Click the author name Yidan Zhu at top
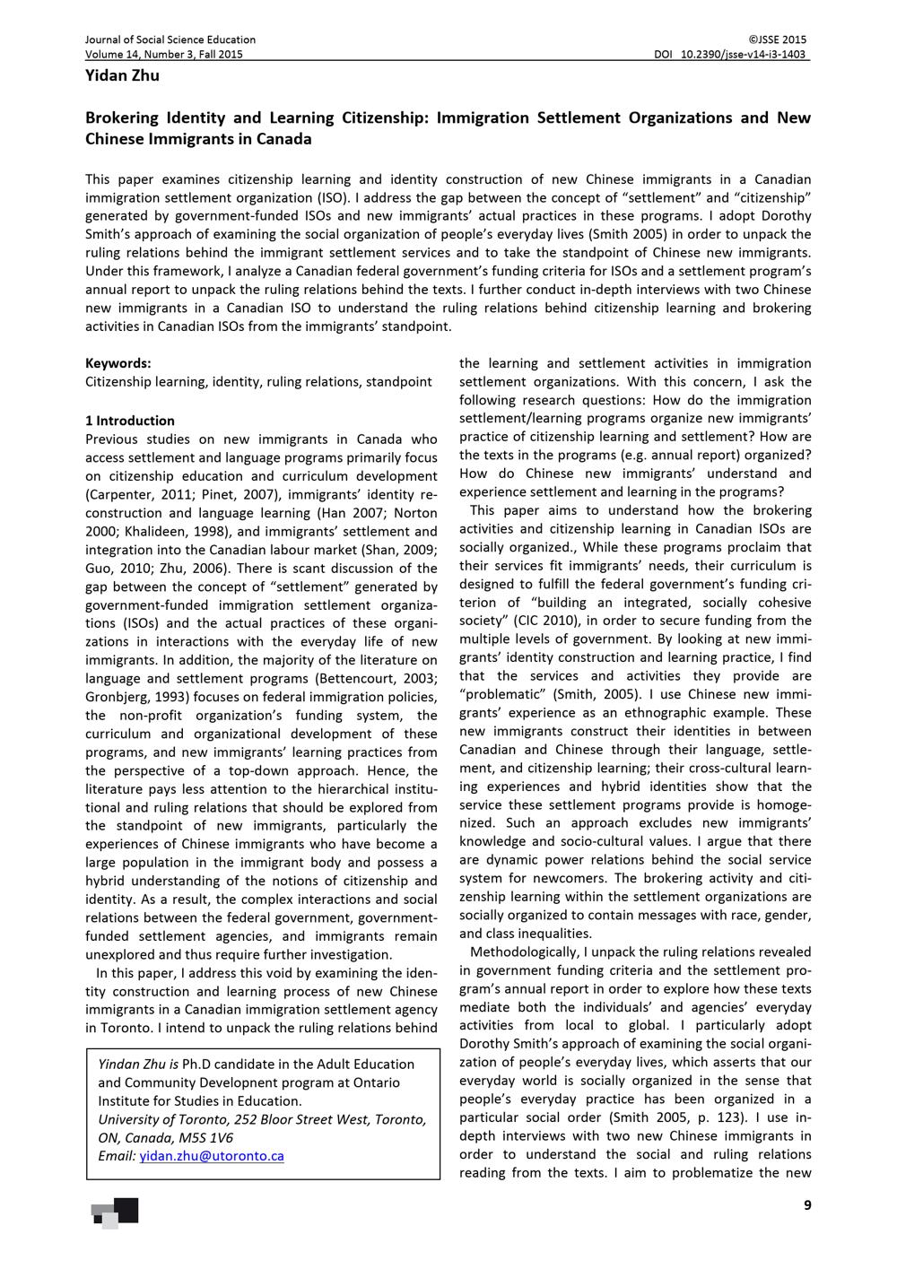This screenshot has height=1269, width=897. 122,75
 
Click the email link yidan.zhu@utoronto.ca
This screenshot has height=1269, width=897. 212,1156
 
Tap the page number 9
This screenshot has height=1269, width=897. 807,1205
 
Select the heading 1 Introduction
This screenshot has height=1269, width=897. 130,421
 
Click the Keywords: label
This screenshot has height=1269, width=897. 118,363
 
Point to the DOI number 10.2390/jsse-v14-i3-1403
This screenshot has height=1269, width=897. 744,54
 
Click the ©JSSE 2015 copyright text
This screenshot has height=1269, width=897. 777,39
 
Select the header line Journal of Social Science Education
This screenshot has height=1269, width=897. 170,39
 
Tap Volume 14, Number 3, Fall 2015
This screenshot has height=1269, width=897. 164,54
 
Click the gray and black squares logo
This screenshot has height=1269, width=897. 115,1213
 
